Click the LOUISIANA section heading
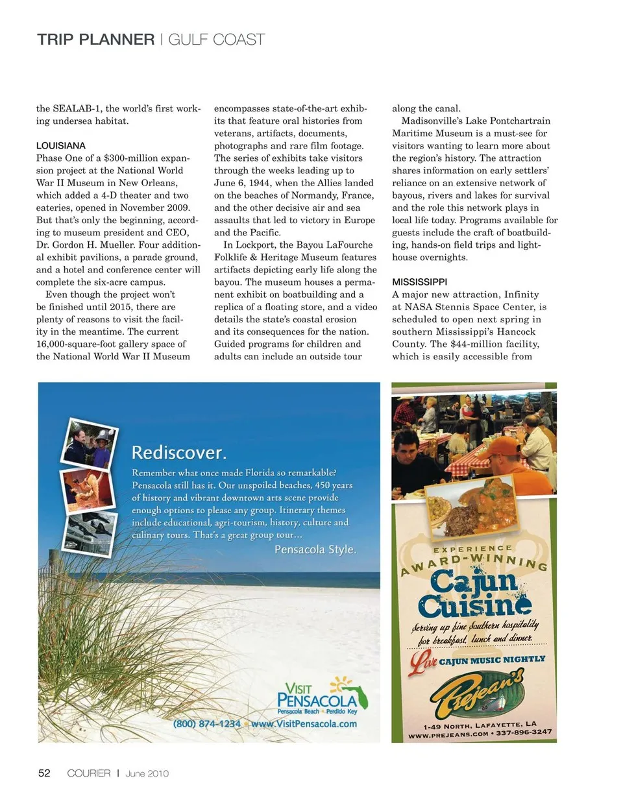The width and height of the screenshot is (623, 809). pyautogui.click(x=61, y=146)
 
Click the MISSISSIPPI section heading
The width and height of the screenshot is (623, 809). pyautogui.click(x=419, y=282)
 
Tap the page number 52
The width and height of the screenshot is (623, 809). pyautogui.click(x=44, y=773)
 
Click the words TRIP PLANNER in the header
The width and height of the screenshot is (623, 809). pyautogui.click(x=96, y=40)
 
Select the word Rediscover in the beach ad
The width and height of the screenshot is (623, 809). pyautogui.click(x=179, y=452)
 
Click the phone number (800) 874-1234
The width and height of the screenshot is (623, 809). pyautogui.click(x=207, y=724)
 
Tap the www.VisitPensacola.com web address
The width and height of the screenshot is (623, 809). pyautogui.click(x=304, y=724)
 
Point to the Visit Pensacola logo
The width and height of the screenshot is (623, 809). pyautogui.click(x=322, y=696)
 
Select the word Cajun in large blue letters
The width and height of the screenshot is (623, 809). pyautogui.click(x=474, y=582)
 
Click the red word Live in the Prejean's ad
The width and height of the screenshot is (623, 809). pyautogui.click(x=423, y=662)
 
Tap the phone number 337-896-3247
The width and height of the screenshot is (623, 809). pyautogui.click(x=524, y=732)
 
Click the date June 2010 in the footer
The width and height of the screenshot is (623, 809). pyautogui.click(x=147, y=773)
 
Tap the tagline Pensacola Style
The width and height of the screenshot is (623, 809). pyautogui.click(x=315, y=549)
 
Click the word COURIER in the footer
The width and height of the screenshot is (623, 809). pyautogui.click(x=89, y=773)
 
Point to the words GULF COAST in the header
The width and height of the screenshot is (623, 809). pyautogui.click(x=217, y=40)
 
